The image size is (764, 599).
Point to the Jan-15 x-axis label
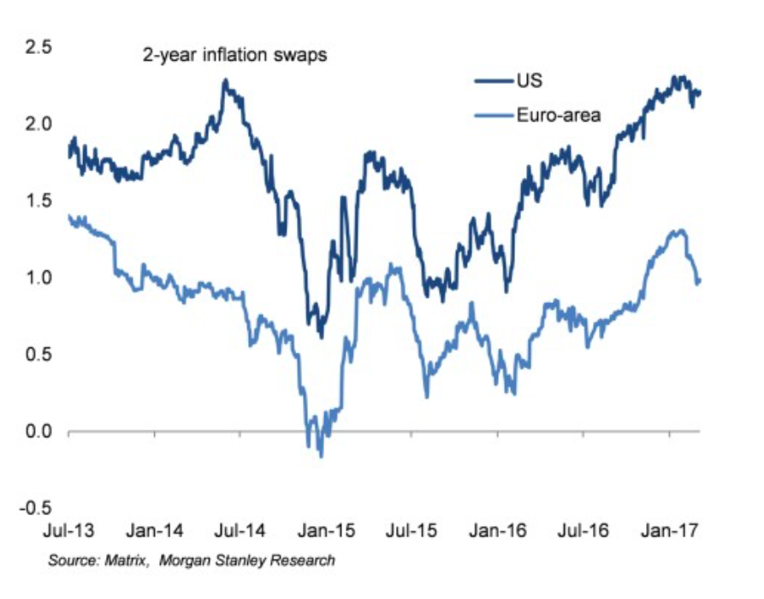click(x=323, y=531)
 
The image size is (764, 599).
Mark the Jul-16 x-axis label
click(x=583, y=531)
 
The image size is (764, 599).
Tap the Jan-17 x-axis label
click(x=669, y=531)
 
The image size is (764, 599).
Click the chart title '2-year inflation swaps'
click(x=235, y=56)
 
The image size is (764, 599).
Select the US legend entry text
click(x=526, y=81)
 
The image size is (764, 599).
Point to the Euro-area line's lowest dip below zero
click(x=322, y=455)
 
